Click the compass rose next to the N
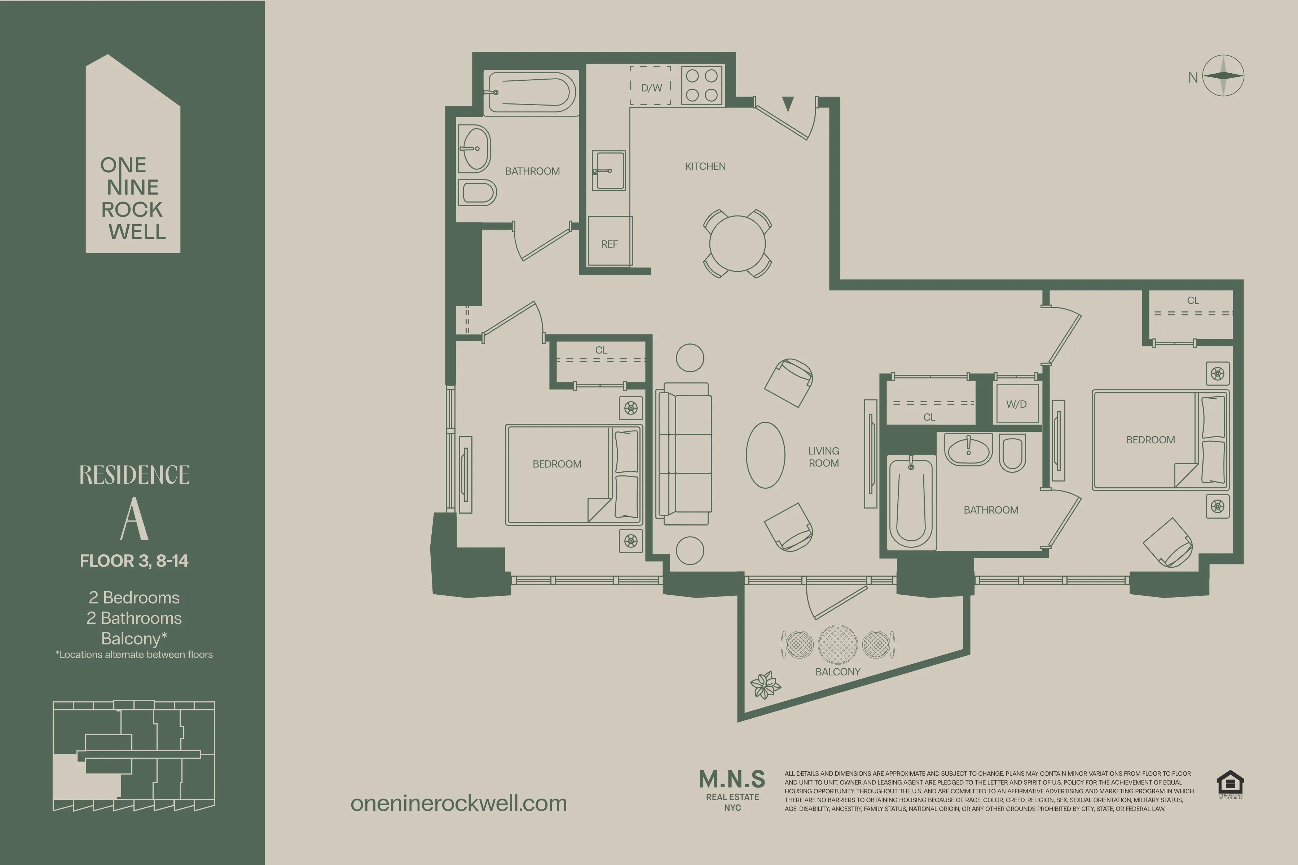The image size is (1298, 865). (1223, 76)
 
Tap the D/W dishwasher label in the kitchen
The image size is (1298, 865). (651, 87)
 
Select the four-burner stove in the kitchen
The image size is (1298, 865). (702, 85)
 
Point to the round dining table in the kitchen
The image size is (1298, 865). (737, 243)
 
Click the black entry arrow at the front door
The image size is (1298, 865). (788, 103)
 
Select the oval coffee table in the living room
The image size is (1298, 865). (765, 455)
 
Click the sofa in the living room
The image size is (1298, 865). (684, 453)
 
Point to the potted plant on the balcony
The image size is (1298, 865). (765, 685)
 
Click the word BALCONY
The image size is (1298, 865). (838, 671)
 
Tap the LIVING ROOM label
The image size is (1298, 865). (823, 457)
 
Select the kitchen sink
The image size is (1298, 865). (609, 170)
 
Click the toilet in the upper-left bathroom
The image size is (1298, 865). (478, 192)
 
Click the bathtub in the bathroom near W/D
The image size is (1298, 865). (911, 502)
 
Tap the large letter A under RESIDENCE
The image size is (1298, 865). (134, 519)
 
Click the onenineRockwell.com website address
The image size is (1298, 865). (459, 803)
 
